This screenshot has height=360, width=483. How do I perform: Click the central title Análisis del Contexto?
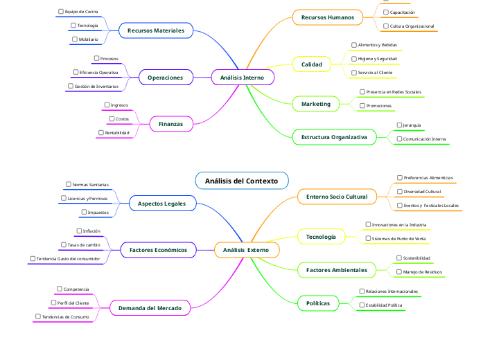coord(241,181)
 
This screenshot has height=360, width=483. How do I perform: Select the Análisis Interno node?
coord(242,78)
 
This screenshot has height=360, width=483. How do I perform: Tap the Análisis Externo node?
coord(247,249)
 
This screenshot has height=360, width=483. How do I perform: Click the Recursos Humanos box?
coord(328,17)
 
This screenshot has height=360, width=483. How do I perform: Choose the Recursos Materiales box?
coord(156,30)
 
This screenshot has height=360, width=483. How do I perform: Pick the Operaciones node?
coord(166,78)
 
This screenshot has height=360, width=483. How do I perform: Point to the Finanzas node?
coord(171,124)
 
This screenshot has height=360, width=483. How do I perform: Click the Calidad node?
coord(312,64)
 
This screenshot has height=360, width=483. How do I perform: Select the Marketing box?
coord(316,104)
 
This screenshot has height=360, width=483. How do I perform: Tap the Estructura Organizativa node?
coord(334,138)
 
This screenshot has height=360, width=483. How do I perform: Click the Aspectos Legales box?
coord(162,204)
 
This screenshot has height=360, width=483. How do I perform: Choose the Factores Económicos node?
coord(158,249)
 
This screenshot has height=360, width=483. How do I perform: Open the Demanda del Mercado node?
coord(150,307)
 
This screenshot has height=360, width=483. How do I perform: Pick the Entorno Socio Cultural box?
coord(337,197)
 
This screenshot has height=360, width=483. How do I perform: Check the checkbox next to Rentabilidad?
coord(101,132)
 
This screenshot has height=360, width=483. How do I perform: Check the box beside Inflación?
coord(79,231)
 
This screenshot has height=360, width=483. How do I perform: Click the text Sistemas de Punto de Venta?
coord(399,238)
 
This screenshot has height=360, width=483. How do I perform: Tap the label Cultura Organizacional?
coord(412,26)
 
